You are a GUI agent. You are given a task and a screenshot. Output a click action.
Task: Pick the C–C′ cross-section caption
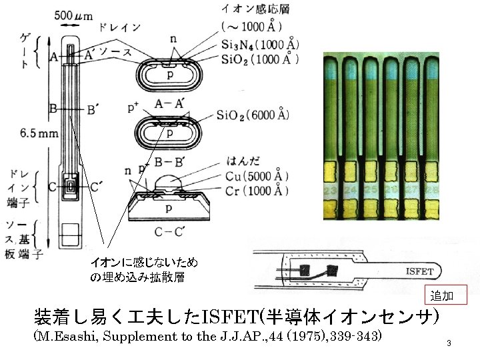pos(169,232)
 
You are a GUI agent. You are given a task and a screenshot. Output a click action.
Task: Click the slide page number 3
pos(449,343)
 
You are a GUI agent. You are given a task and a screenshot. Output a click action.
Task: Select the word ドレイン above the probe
pos(119,27)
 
